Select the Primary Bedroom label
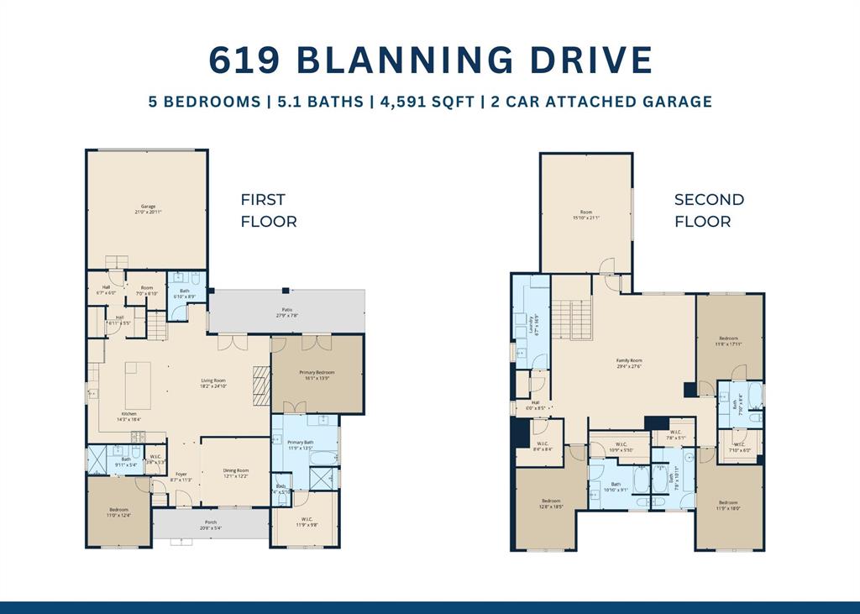(317, 375)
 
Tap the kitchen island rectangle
(138, 385)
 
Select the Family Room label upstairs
(628, 363)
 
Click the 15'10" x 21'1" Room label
(586, 215)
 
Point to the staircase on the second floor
(571, 320)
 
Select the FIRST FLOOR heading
(268, 211)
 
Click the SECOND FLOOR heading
(709, 211)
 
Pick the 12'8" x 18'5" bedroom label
(551, 504)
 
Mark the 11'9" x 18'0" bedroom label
(728, 506)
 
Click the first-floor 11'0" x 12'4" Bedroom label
(118, 512)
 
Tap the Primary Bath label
(300, 445)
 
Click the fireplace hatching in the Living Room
(262, 386)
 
